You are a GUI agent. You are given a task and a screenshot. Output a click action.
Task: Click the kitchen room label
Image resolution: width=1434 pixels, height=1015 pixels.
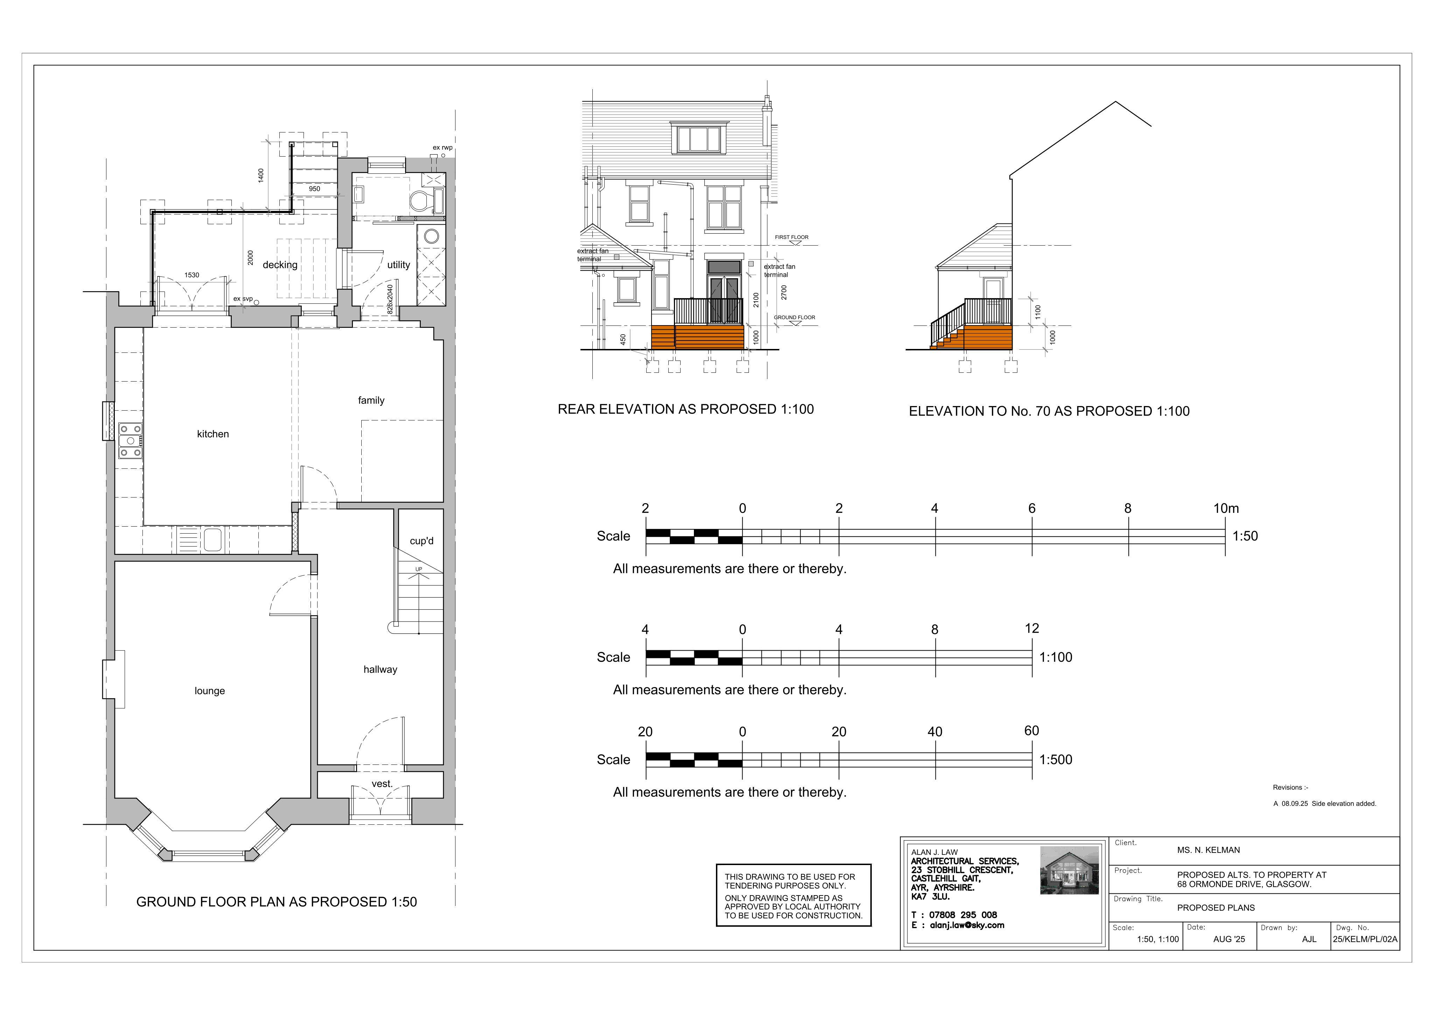click(213, 434)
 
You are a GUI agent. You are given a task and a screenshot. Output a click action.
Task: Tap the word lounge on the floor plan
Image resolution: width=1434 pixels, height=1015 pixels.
click(210, 691)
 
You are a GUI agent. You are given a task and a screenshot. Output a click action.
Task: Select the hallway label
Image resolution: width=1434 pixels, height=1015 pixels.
click(380, 670)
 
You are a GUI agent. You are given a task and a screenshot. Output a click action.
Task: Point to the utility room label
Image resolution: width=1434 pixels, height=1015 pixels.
click(398, 265)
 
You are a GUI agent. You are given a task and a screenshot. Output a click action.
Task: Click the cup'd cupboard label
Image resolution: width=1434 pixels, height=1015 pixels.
click(422, 541)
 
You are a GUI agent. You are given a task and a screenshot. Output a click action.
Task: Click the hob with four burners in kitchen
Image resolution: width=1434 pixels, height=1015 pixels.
click(131, 441)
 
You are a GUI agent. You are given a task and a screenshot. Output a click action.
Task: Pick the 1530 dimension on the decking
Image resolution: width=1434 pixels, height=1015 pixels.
click(192, 275)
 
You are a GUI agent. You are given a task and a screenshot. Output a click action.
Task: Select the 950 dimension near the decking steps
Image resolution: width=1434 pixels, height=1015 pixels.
click(314, 189)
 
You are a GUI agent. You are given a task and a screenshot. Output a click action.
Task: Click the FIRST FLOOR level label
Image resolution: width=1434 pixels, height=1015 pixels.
click(791, 238)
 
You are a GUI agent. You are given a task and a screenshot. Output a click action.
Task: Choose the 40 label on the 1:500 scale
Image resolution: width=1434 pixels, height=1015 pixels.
click(935, 732)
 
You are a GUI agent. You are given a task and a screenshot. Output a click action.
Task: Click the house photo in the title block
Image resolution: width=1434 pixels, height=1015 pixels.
click(1069, 870)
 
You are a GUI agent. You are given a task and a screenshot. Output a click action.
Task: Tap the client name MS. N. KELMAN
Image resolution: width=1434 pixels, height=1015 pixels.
click(1209, 850)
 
